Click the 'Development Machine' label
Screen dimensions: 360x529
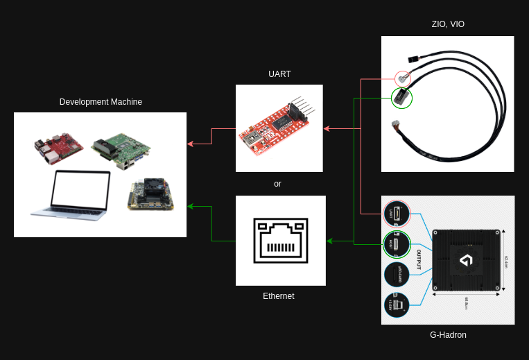(x=101, y=102)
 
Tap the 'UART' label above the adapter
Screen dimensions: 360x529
(x=279, y=74)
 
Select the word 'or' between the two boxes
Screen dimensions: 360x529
(x=277, y=184)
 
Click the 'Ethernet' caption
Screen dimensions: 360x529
(x=278, y=296)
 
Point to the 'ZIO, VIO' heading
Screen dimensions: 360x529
(x=447, y=24)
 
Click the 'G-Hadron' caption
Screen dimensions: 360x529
(x=448, y=335)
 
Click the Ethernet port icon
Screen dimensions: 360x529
(x=280, y=241)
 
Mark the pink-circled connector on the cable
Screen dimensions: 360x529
(x=403, y=78)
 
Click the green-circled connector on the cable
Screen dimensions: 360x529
(x=402, y=98)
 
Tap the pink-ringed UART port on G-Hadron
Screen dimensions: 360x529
(x=397, y=214)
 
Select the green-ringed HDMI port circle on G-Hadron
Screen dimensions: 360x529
(x=397, y=244)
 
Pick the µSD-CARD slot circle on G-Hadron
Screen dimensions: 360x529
(x=397, y=275)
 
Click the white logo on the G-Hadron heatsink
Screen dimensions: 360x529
(x=466, y=261)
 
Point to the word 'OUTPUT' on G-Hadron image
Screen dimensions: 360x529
(x=419, y=258)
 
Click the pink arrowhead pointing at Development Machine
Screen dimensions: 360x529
(x=190, y=144)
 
